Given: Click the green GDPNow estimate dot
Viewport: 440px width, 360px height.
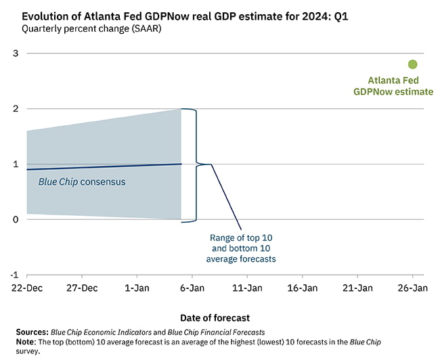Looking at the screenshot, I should (413, 64).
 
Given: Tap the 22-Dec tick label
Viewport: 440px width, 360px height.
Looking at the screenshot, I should (27, 288).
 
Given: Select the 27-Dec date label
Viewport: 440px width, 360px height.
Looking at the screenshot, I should (82, 288).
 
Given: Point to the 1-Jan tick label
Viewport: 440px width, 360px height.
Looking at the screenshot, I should (137, 288).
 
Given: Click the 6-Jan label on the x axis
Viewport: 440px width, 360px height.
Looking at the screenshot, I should (192, 288).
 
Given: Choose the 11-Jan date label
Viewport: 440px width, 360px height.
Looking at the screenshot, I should (247, 288).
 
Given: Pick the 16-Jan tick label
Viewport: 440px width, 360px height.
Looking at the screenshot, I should (303, 288).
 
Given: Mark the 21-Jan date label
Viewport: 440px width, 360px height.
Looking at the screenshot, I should (357, 288).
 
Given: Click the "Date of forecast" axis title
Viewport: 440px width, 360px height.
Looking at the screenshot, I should (215, 317).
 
